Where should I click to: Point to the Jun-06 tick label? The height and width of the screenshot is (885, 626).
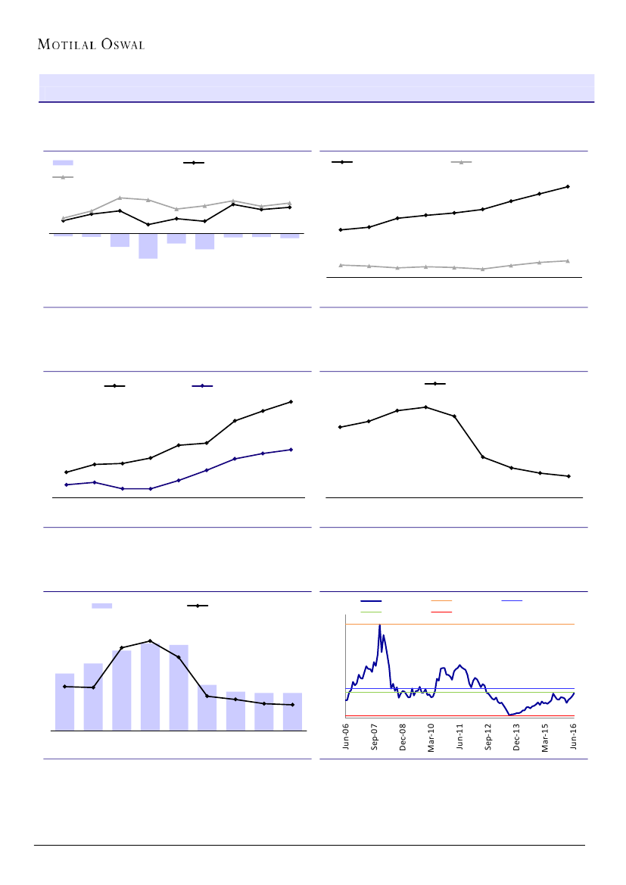[x=346, y=736]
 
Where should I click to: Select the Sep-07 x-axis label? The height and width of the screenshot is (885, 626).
[x=375, y=736]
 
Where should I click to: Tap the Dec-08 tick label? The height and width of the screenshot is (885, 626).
[x=403, y=736]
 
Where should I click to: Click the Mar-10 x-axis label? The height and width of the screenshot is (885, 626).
[x=431, y=736]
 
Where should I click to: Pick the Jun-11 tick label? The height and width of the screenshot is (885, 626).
[x=460, y=736]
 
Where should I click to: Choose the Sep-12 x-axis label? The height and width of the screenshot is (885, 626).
[x=489, y=736]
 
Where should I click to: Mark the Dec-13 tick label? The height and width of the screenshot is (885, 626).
[x=517, y=736]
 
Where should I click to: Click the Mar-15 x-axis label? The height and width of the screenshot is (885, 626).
[x=546, y=736]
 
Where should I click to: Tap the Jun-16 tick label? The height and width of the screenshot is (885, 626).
[x=574, y=736]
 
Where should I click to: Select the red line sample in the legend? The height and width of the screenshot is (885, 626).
[x=441, y=611]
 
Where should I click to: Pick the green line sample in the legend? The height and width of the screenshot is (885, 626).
[x=371, y=611]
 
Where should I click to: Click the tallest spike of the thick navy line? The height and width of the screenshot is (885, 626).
[x=379, y=625]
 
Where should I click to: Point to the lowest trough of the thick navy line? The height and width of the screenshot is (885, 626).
[x=510, y=714]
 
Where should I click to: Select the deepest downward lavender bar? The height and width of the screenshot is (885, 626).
[x=148, y=246]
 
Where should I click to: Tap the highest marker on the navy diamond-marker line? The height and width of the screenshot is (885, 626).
[x=291, y=450]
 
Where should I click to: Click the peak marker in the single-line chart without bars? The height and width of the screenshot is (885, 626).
[x=426, y=407]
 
